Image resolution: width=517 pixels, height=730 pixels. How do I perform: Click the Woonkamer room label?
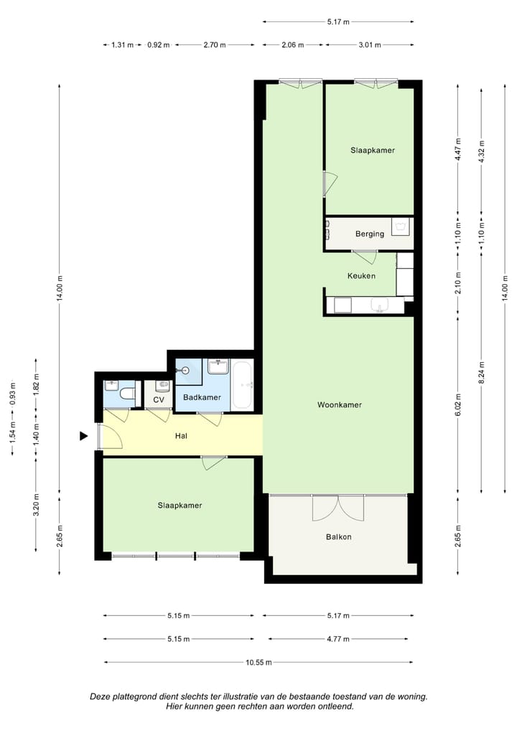coord(340,404)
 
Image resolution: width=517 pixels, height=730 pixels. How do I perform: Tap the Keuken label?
coord(361,275)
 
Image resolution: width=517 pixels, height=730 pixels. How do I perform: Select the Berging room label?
coord(370,234)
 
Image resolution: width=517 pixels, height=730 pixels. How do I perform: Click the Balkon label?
coord(338,537)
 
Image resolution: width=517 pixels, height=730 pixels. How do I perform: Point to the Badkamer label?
coord(202,397)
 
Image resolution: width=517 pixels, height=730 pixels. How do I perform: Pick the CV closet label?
coord(159,400)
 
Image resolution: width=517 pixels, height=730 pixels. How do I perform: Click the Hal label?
coord(182,436)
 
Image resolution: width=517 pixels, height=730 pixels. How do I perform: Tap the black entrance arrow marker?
coord(83,436)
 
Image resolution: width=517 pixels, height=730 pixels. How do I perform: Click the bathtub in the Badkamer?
coord(242,384)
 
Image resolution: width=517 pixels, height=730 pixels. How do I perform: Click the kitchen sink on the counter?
coord(380,305)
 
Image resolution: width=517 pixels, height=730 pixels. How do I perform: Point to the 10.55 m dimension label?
coord(258,663)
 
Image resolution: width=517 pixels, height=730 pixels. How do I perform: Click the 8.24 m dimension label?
coord(482,372)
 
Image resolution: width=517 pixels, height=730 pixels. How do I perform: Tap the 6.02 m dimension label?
coord(458,404)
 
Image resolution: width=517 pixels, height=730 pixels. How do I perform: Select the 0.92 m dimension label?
coord(159,45)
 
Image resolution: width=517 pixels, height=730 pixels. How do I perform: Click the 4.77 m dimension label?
coord(338,639)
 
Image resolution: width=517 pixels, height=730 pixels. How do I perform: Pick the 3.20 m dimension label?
coord(37,505)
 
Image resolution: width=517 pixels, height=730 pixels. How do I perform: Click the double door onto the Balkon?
coord(338,508)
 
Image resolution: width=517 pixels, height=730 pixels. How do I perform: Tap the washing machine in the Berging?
coord(401,227)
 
